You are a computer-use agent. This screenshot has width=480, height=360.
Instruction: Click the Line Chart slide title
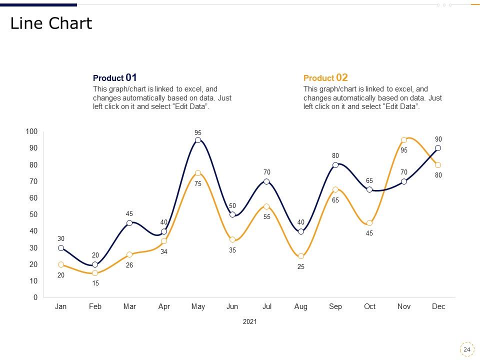tap(51, 23)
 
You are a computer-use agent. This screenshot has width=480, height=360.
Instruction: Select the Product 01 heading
tap(115, 78)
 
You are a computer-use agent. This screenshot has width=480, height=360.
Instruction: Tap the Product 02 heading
tap(325, 78)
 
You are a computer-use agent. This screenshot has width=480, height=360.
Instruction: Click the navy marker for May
tap(198, 140)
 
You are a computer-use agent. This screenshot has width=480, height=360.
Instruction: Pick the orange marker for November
tap(404, 140)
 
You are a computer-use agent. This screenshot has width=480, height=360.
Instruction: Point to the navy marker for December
tap(438, 148)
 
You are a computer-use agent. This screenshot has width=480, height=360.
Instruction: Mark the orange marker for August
tap(301, 256)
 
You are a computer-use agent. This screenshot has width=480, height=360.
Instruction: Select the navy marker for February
tap(95, 264)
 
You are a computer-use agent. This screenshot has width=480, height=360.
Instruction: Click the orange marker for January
tap(61, 264)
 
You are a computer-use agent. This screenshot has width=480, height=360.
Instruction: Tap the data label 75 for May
tap(198, 183)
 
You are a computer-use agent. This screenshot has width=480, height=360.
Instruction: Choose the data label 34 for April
tap(164, 251)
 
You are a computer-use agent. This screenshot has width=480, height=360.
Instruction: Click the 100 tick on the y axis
tap(31, 131)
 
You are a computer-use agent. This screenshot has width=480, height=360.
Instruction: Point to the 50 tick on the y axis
tap(33, 214)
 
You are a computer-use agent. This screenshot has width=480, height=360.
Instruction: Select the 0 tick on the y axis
tap(35, 297)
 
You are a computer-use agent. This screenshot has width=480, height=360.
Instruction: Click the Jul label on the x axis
tap(267, 306)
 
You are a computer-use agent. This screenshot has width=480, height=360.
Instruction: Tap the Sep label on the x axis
tap(335, 306)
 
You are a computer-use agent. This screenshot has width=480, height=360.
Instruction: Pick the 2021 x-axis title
tap(249, 322)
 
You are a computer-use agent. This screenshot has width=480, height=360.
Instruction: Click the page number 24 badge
tap(466, 349)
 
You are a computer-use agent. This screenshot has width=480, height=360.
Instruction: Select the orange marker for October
tap(369, 223)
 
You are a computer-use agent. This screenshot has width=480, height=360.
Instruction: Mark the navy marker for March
tap(129, 223)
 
